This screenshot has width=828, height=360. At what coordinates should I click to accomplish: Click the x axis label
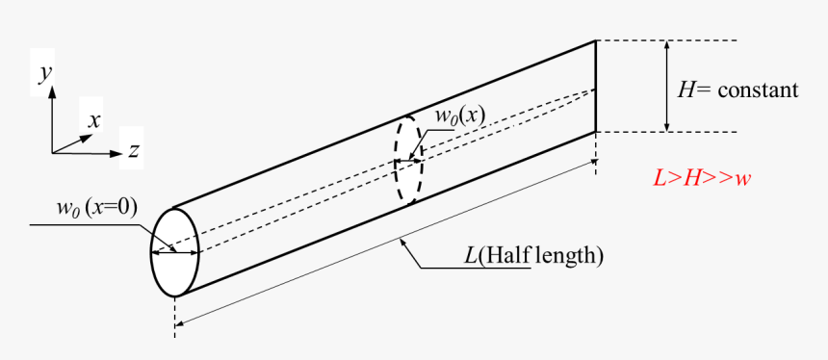point(94,120)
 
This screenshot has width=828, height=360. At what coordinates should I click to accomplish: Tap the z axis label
point(135,150)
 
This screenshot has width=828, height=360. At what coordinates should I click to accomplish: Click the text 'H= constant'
point(737,90)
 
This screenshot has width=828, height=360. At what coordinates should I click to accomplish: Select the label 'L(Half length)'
point(532,255)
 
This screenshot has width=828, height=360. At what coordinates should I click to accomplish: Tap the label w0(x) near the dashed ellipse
point(459,116)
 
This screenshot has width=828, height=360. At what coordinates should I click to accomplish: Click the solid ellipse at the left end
point(174,252)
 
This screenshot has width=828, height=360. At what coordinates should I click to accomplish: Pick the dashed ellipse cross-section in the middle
point(408,161)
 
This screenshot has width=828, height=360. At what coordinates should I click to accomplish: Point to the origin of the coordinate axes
point(53,151)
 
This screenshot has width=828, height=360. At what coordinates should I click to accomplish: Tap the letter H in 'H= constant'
point(686,90)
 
